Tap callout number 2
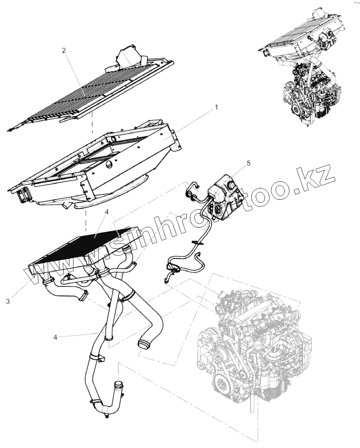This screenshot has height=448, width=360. tap(64, 50)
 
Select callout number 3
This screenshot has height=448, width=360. tap(8, 301)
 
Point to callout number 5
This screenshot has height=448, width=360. tap(248, 163)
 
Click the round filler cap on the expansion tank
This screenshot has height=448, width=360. tap(233, 185)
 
